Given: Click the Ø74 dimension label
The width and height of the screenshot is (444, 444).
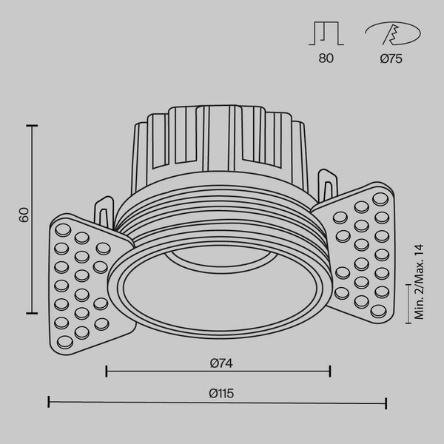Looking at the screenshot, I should tap(218, 363).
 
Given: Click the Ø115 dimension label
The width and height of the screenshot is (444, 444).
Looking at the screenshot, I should tap(218, 394).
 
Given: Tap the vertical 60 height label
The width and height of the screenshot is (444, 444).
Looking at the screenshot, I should tap(24, 215).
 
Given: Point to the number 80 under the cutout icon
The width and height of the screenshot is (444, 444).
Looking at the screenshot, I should tap(326, 59).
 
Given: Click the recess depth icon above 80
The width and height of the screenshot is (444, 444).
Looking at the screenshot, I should tap(326, 34).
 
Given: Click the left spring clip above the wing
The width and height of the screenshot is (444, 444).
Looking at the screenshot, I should tap(104, 211).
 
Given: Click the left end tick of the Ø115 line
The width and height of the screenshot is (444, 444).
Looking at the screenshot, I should tap(49, 403).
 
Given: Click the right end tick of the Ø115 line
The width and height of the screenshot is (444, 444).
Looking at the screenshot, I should tap(386, 403).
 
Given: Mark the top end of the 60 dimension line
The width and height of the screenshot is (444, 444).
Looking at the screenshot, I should tap(31, 127).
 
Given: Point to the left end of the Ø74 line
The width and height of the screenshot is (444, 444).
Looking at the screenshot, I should tap(107, 371).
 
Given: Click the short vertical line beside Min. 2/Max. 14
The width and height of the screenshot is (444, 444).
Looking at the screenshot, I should tap(409, 303).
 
